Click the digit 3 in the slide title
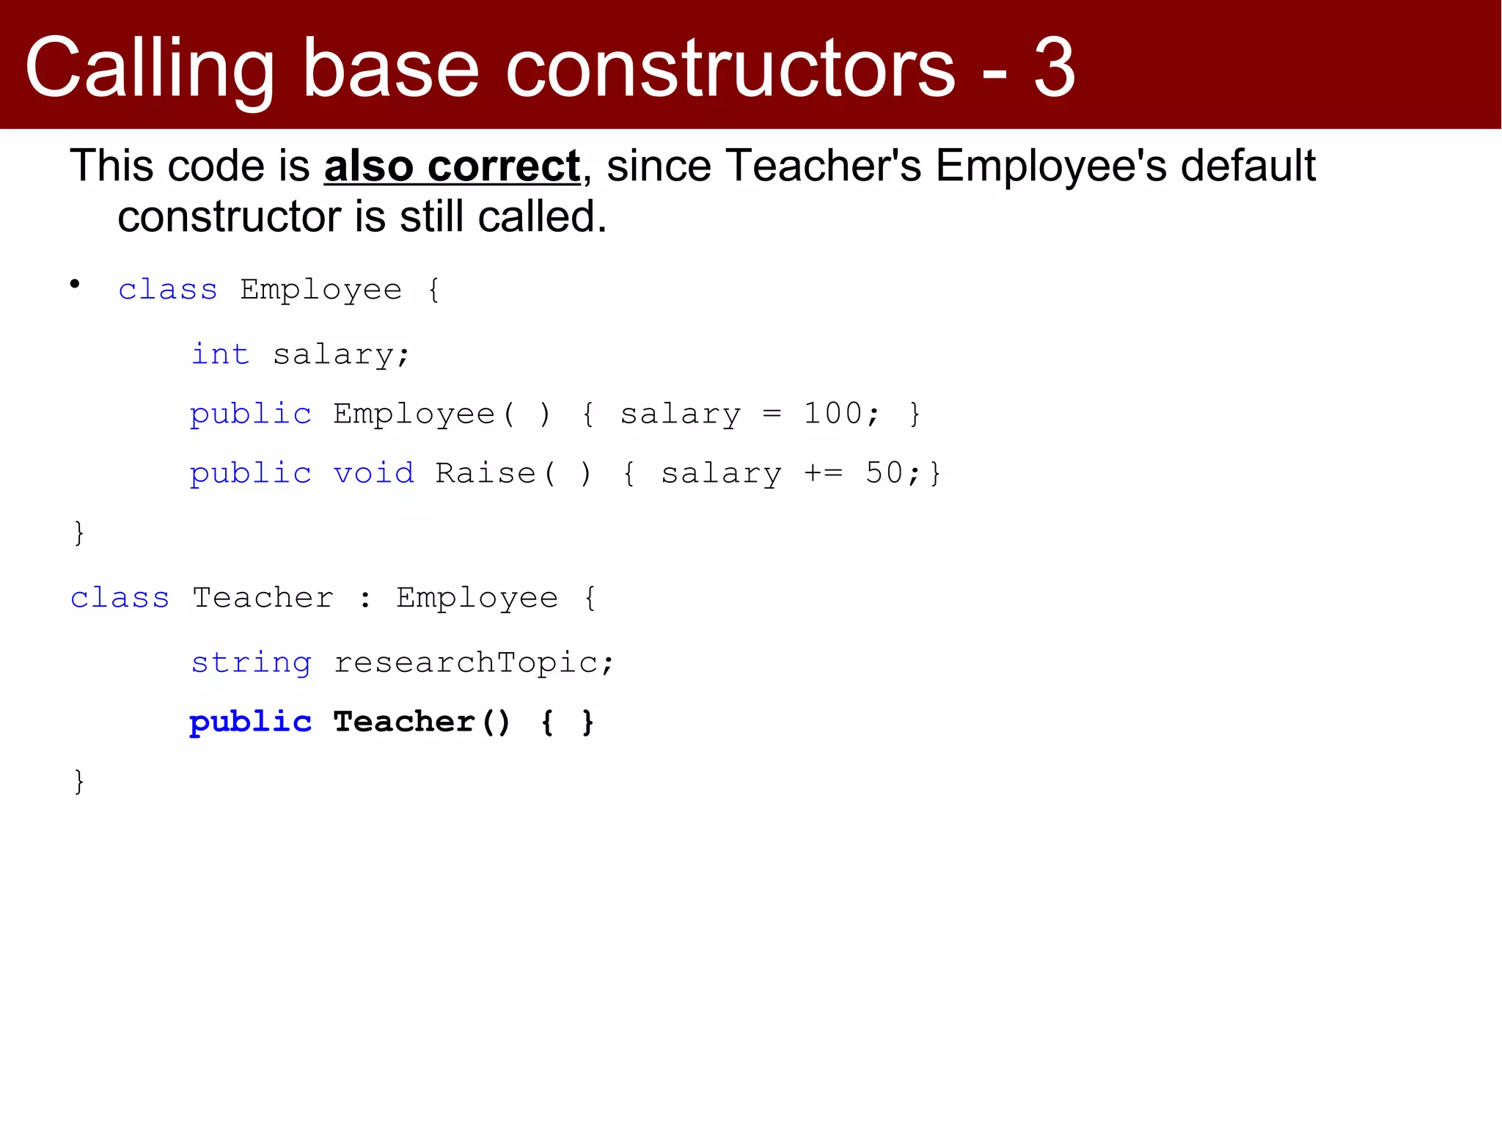pyautogui.click(x=1054, y=68)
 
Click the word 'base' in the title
pyautogui.click(x=390, y=68)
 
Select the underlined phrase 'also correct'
pyautogui.click(x=452, y=166)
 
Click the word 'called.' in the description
pyautogui.click(x=542, y=217)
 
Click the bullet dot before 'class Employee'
pyautogui.click(x=75, y=284)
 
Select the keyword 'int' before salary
pyautogui.click(x=220, y=354)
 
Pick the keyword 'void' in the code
pyautogui.click(x=374, y=473)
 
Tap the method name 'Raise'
pyautogui.click(x=486, y=473)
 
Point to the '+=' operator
pyautogui.click(x=824, y=473)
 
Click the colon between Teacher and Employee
pyautogui.click(x=365, y=599)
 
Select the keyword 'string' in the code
pyautogui.click(x=251, y=663)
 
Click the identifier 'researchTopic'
pyautogui.click(x=466, y=662)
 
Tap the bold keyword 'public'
pyautogui.click(x=250, y=723)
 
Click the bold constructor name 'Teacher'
pyautogui.click(x=404, y=722)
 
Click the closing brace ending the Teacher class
pyautogui.click(x=79, y=781)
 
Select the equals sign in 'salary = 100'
pyautogui.click(x=772, y=414)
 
